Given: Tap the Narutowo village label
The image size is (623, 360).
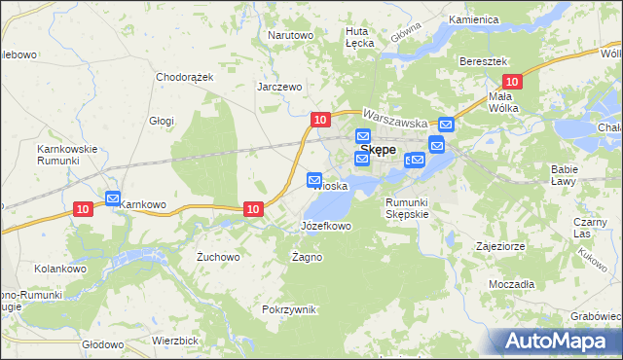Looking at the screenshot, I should pyautogui.click(x=290, y=35).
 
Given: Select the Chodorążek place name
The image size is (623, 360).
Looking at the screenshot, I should pyautogui.click(x=184, y=76).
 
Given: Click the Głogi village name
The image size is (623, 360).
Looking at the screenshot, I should pyautogui.click(x=162, y=121).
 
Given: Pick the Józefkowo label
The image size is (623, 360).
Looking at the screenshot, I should pyautogui.click(x=325, y=226).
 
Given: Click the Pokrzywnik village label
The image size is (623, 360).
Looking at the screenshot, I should pyautogui.click(x=289, y=309).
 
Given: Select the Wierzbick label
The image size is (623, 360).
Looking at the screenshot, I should pyautogui.click(x=175, y=341).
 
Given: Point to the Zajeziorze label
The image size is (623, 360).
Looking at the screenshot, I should pyautogui.click(x=500, y=246).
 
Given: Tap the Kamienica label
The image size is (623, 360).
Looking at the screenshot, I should pyautogui.click(x=474, y=19).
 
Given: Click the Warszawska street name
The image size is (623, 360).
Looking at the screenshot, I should pyautogui.click(x=397, y=118).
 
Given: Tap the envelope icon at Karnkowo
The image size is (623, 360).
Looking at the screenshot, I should pyautogui.click(x=113, y=198).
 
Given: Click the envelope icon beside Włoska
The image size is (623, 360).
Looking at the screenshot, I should pyautogui.click(x=314, y=179).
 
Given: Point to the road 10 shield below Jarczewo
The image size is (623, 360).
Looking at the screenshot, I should pyautogui.click(x=319, y=119).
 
